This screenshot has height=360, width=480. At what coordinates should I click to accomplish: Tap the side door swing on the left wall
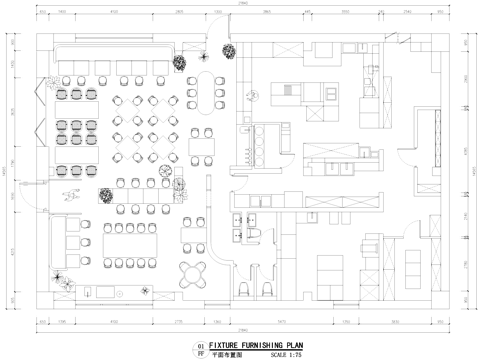[40, 200]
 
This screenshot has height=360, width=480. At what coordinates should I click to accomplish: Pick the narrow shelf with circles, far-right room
[437, 130]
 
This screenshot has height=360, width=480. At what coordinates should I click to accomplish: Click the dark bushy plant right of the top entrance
[178, 63]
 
